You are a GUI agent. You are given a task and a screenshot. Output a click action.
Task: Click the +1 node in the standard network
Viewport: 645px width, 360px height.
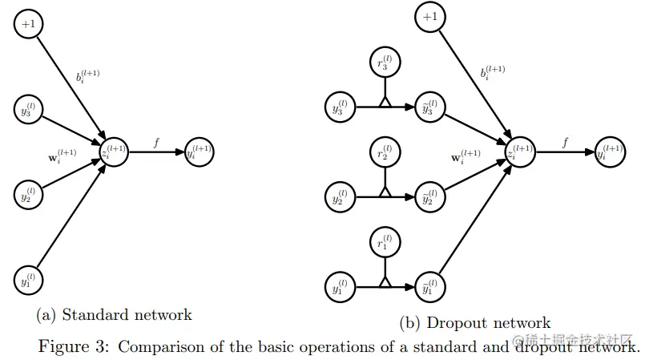pyautogui.click(x=29, y=24)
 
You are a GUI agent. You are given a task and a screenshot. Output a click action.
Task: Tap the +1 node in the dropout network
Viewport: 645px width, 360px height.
pyautogui.click(x=430, y=17)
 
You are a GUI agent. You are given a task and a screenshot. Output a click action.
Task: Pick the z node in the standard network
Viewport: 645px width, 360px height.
pyautogui.click(x=113, y=152)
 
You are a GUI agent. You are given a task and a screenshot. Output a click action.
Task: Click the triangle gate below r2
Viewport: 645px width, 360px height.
pyautogui.click(x=385, y=192)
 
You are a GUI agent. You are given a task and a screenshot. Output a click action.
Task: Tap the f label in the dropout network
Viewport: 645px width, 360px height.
pyautogui.click(x=566, y=142)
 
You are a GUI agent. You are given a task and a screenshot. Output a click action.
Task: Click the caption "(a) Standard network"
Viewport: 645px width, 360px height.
pyautogui.click(x=115, y=314)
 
